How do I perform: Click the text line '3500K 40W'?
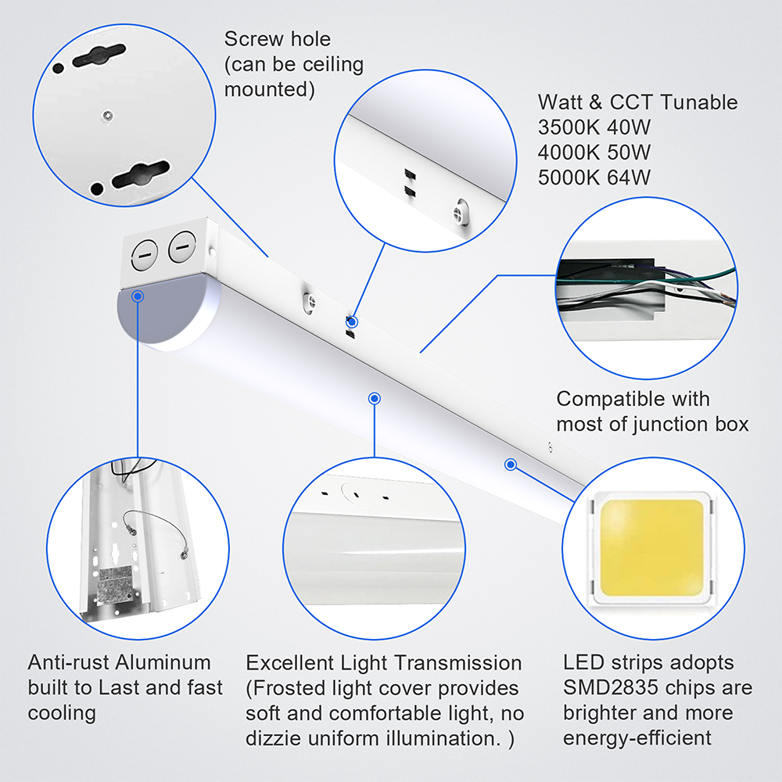click(x=594, y=127)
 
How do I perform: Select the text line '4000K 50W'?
click(x=594, y=152)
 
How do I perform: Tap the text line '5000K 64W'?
click(x=594, y=178)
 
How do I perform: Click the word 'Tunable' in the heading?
click(x=698, y=102)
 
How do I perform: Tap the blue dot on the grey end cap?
click(x=138, y=296)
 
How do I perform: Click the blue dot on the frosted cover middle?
click(x=375, y=398)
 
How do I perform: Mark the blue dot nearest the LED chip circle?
click(x=511, y=464)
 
